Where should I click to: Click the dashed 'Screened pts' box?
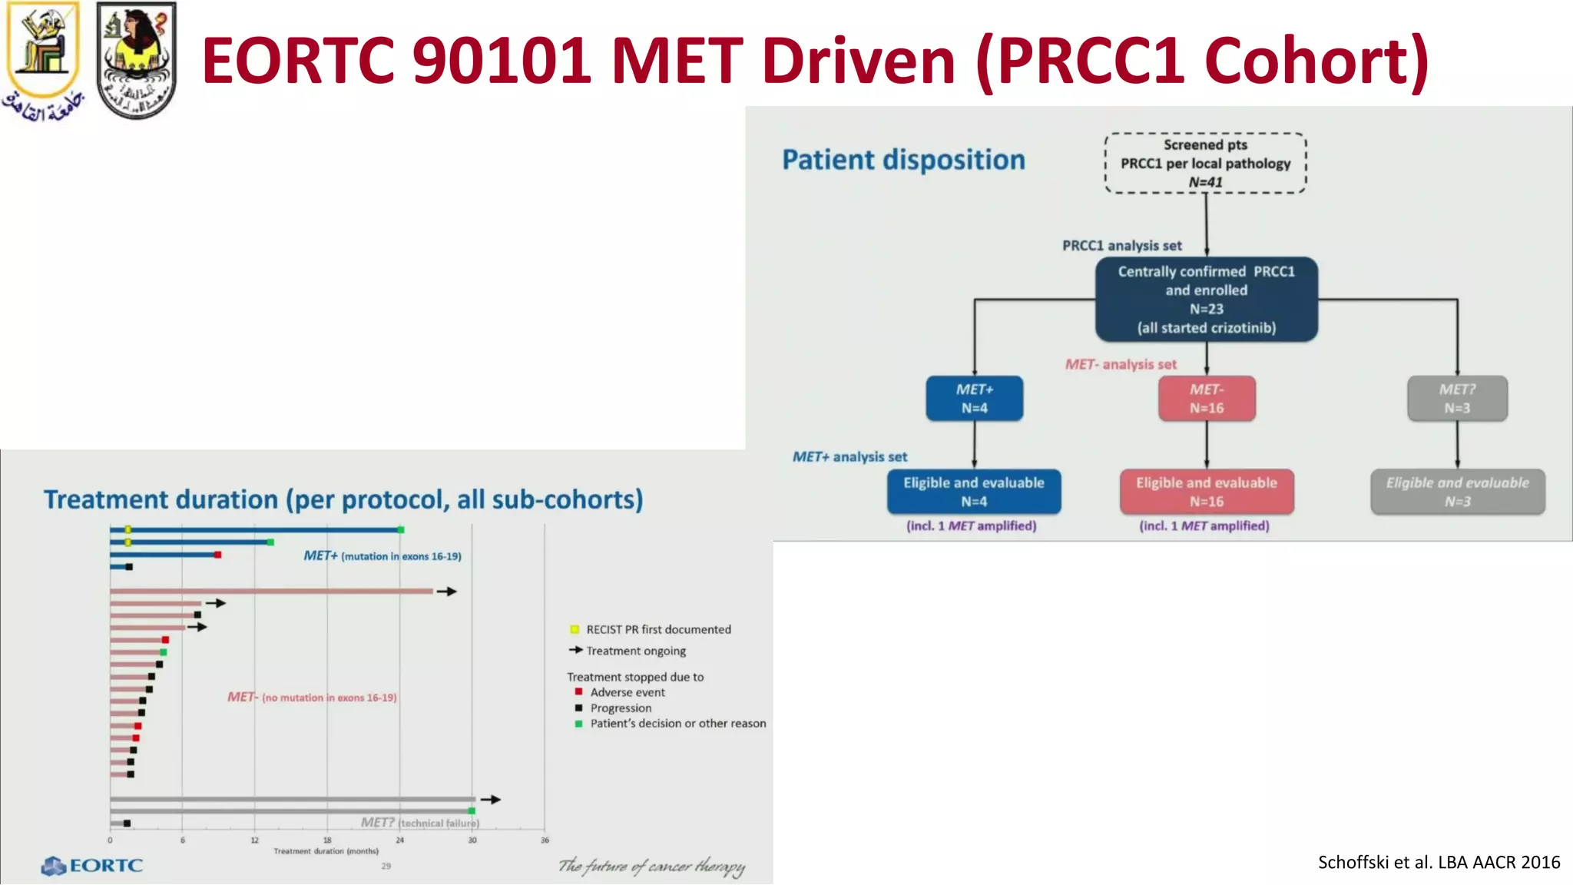pos(1205,163)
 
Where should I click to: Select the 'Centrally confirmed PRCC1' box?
pos(1206,300)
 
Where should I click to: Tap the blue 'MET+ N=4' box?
pos(974,399)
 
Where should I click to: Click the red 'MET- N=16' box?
pos(1206,399)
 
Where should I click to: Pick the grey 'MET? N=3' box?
pos(1456,399)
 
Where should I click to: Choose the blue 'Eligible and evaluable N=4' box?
pos(973,492)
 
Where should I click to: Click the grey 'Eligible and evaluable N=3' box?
pos(1457,492)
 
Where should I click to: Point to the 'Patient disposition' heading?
pos(903,160)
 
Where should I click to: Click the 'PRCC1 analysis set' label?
pos(1121,246)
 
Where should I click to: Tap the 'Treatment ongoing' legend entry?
pos(635,651)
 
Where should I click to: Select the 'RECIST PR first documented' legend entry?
pos(658,629)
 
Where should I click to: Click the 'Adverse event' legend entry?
pos(627,692)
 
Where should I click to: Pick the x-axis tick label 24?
pos(399,840)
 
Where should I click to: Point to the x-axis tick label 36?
pos(545,840)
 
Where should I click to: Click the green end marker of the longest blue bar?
pos(400,529)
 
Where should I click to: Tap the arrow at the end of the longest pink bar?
pos(447,592)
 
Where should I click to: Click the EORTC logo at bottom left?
pos(92,866)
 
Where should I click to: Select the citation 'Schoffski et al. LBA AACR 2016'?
pos(1439,862)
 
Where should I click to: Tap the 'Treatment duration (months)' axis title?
pos(326,851)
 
